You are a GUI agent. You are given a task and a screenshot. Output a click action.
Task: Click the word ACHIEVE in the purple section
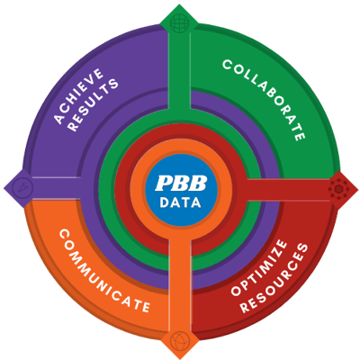[79, 96]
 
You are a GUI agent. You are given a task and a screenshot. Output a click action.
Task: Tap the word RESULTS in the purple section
[93, 104]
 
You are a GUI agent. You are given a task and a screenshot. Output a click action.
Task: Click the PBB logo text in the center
[181, 183]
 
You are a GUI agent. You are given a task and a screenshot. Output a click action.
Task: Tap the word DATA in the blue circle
[180, 202]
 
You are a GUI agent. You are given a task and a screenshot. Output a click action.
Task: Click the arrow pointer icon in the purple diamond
[22, 187]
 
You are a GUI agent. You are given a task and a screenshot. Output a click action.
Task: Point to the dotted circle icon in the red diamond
[338, 189]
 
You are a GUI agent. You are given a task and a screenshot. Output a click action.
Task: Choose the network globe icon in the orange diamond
[180, 340]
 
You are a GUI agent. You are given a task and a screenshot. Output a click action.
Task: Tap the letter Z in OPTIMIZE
[278, 251]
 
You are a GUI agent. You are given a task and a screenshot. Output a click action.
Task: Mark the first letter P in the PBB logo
[164, 183]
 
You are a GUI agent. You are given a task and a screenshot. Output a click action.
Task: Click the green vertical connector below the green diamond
[179, 69]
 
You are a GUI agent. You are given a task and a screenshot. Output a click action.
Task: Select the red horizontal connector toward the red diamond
[288, 189]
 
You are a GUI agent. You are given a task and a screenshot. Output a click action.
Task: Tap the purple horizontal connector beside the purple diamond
[57, 188]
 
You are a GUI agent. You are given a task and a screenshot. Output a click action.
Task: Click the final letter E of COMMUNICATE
[145, 307]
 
